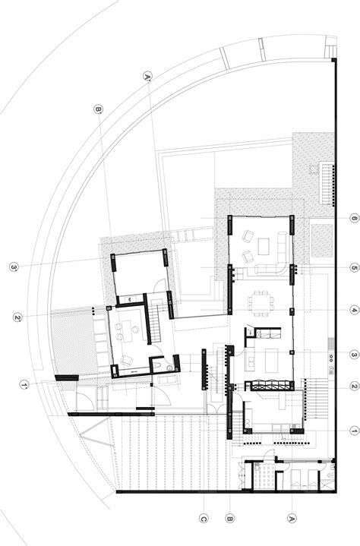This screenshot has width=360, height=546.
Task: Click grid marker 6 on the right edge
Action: (354, 219)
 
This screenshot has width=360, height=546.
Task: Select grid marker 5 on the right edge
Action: (354, 267)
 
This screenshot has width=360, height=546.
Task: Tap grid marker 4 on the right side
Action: (354, 310)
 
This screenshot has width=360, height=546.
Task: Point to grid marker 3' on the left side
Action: (13, 267)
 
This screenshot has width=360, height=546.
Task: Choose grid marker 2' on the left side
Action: (17, 317)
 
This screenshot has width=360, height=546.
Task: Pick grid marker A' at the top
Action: (147, 75)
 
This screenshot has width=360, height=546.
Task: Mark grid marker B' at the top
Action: (97, 109)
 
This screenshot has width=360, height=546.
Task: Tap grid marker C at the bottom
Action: (203, 519)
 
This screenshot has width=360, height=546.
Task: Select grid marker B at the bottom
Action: (229, 519)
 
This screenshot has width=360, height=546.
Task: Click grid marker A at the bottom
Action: (291, 519)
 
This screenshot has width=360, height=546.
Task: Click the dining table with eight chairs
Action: (262, 301)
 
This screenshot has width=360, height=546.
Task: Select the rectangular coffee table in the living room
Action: (264, 245)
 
